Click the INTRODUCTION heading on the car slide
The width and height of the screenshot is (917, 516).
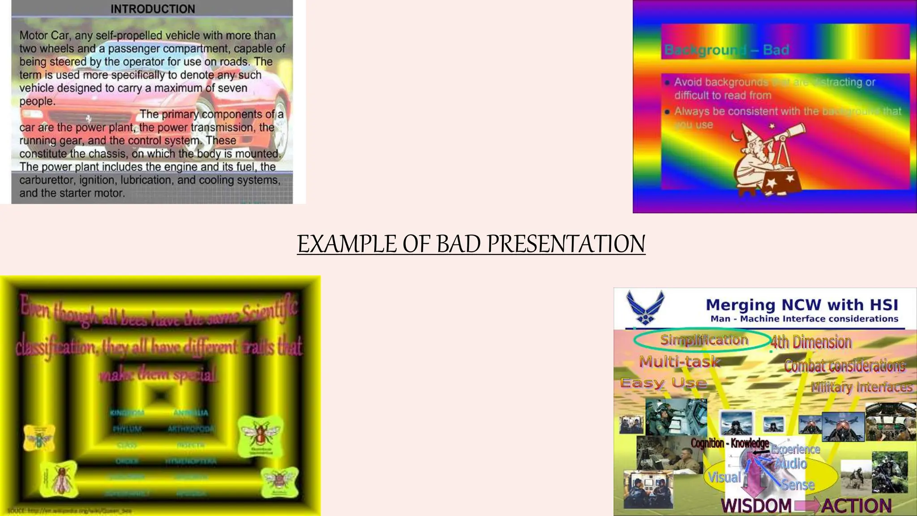(153, 9)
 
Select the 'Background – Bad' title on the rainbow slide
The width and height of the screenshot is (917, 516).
(726, 50)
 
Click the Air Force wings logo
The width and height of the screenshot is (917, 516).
(645, 307)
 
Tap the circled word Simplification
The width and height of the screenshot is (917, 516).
(704, 340)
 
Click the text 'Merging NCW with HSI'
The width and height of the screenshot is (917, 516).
(801, 305)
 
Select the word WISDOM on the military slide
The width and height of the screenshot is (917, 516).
(756, 506)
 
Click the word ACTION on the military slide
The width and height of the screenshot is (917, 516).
(856, 506)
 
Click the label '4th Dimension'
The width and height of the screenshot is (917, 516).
(811, 342)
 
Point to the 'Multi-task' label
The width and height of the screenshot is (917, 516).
(680, 361)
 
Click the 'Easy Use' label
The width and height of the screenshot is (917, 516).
(664, 383)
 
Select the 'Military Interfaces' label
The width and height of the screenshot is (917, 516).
(861, 387)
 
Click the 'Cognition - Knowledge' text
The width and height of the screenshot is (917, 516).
(729, 443)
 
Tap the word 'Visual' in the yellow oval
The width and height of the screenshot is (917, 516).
(724, 477)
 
